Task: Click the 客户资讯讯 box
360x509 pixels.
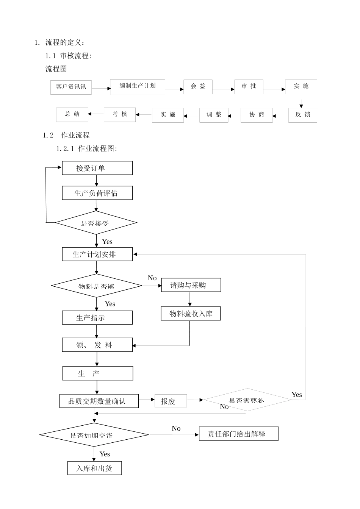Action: (x=71, y=87)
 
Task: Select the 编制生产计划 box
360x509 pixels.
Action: (x=137, y=86)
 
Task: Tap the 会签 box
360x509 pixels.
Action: (x=198, y=86)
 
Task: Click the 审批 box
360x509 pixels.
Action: (x=249, y=86)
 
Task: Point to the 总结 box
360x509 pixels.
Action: (x=72, y=114)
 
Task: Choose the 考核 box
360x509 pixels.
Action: (x=120, y=114)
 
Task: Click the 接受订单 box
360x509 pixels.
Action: (x=97, y=168)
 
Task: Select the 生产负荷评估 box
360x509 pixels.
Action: (x=97, y=193)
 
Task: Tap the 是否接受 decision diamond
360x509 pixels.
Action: (x=96, y=223)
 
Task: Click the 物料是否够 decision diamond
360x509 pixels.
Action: (x=97, y=286)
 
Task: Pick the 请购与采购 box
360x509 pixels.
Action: (x=191, y=285)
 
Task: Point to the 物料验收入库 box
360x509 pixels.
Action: (x=191, y=314)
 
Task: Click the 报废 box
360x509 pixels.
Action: (x=171, y=401)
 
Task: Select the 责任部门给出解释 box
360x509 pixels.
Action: (x=238, y=434)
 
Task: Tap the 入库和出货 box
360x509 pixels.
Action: (x=94, y=468)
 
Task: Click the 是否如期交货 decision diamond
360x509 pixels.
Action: (x=94, y=435)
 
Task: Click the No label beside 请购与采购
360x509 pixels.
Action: (x=152, y=278)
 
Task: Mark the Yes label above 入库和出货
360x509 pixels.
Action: (x=105, y=454)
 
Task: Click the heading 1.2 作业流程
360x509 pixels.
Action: (x=66, y=135)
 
